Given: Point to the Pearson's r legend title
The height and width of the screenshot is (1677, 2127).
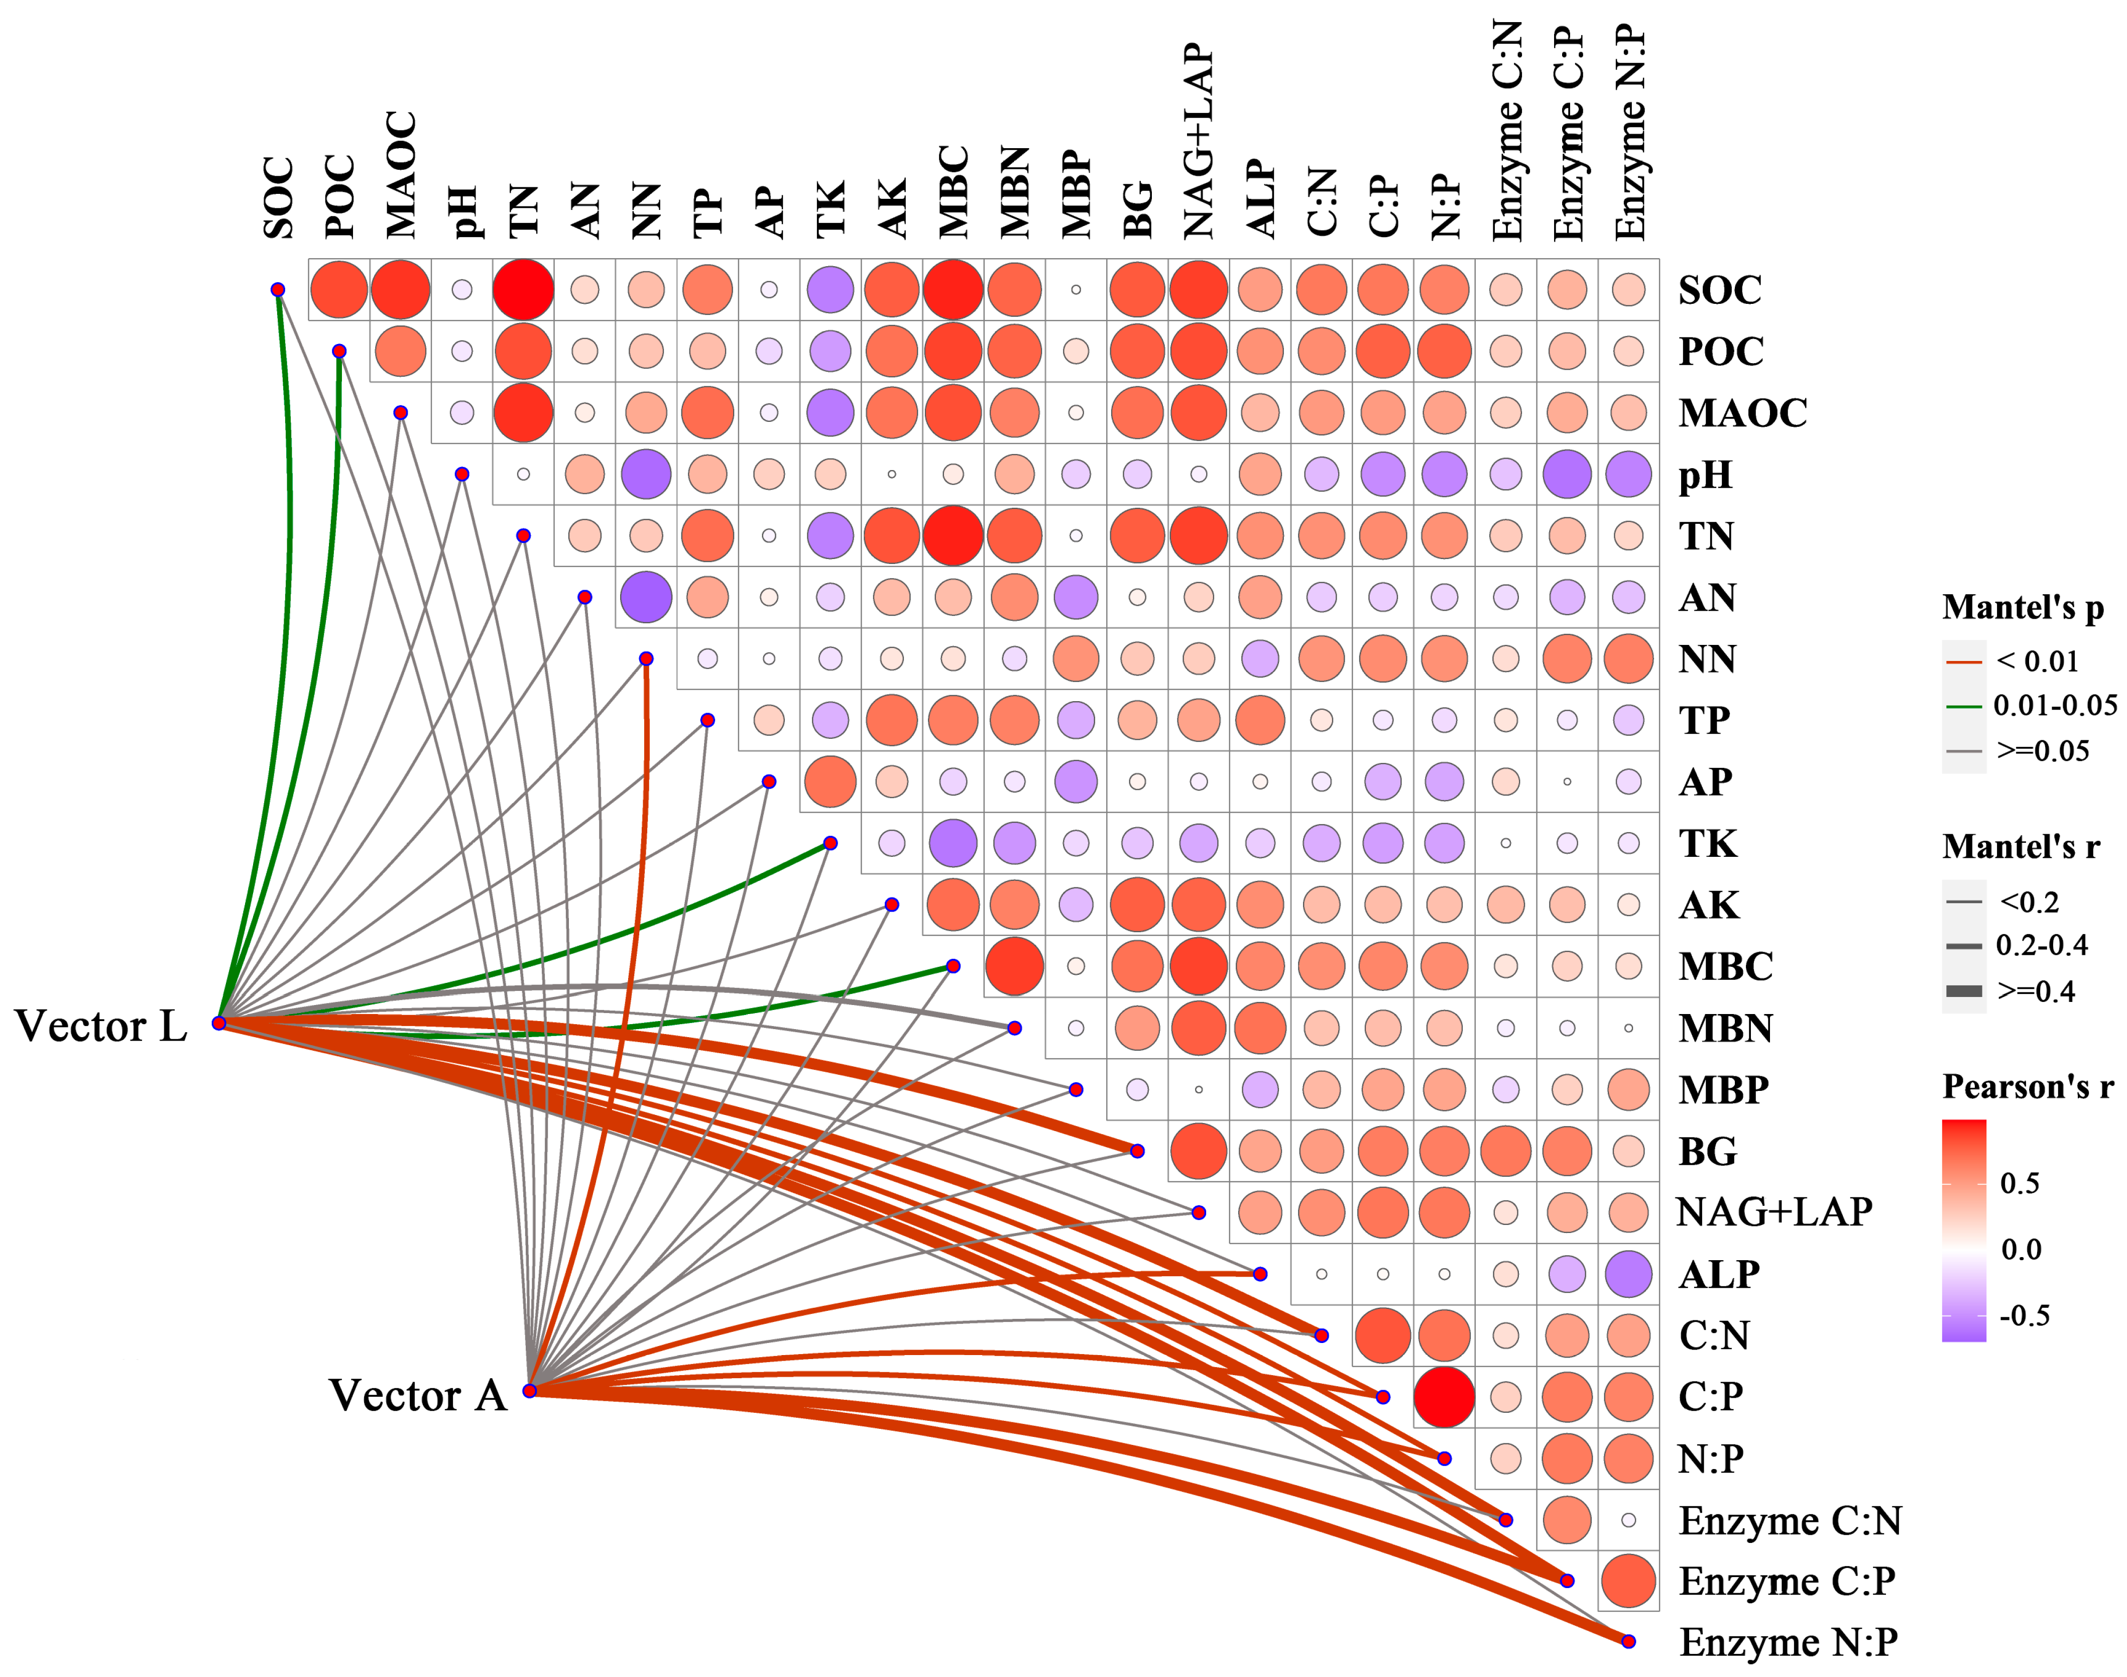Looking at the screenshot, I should pyautogui.click(x=2027, y=1087).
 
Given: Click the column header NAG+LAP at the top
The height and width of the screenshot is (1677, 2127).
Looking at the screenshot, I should pyautogui.click(x=1199, y=142).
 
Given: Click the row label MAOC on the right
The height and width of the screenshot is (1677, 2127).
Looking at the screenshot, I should pyautogui.click(x=1742, y=413).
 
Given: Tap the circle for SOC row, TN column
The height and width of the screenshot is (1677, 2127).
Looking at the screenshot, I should pyautogui.click(x=523, y=290).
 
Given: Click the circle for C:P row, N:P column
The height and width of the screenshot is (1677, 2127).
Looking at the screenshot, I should pyautogui.click(x=1444, y=1396).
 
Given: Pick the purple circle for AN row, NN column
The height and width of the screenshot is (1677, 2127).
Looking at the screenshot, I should pyautogui.click(x=646, y=597).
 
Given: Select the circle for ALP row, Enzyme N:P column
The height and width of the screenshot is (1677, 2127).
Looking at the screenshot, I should pyautogui.click(x=1628, y=1274).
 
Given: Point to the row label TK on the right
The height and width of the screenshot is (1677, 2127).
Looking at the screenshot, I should pyautogui.click(x=1708, y=843).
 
